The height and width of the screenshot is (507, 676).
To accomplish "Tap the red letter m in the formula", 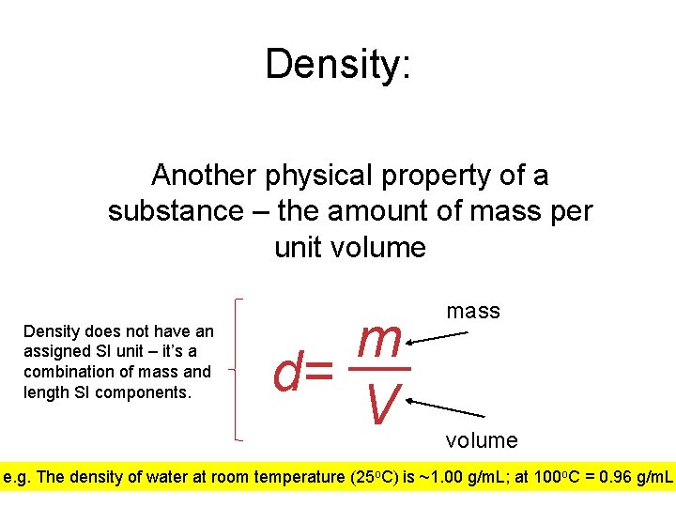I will click(x=380, y=340).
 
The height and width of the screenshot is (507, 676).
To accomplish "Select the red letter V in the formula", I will click(x=381, y=402).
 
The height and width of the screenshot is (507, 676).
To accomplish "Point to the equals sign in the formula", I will click(x=319, y=374).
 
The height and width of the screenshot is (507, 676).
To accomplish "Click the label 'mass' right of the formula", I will click(x=473, y=311).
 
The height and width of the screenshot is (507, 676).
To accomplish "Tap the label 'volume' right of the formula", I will click(x=482, y=439).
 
